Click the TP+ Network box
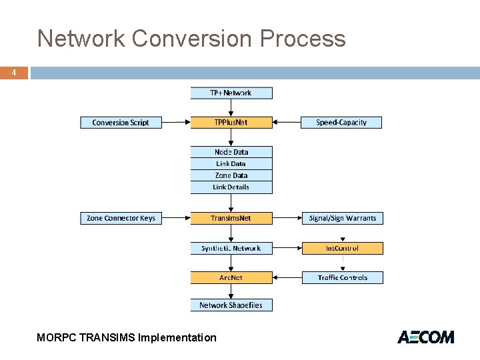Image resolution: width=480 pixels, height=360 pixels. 231,93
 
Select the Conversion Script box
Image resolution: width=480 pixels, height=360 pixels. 121,123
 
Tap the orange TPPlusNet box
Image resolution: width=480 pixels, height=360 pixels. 231,123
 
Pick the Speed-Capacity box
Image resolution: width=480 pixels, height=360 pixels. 341,123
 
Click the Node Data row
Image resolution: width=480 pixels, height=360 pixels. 231,152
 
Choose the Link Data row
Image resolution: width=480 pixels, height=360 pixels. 231,164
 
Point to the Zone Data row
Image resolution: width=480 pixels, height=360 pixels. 231,175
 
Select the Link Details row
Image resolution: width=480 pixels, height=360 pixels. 231,187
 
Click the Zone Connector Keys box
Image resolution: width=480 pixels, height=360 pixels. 121,218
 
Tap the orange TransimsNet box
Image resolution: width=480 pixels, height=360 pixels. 231,218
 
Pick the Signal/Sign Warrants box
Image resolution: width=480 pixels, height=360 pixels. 343,218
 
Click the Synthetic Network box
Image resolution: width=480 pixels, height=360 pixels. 231,248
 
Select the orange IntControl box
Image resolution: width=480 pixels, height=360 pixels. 343,248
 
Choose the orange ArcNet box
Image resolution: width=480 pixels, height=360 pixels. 231,277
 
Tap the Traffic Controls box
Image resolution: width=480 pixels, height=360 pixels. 343,277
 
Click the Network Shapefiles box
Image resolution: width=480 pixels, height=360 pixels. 231,305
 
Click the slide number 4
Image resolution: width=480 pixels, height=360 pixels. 13,73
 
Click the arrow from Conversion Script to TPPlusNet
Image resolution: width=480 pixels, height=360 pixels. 176,123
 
